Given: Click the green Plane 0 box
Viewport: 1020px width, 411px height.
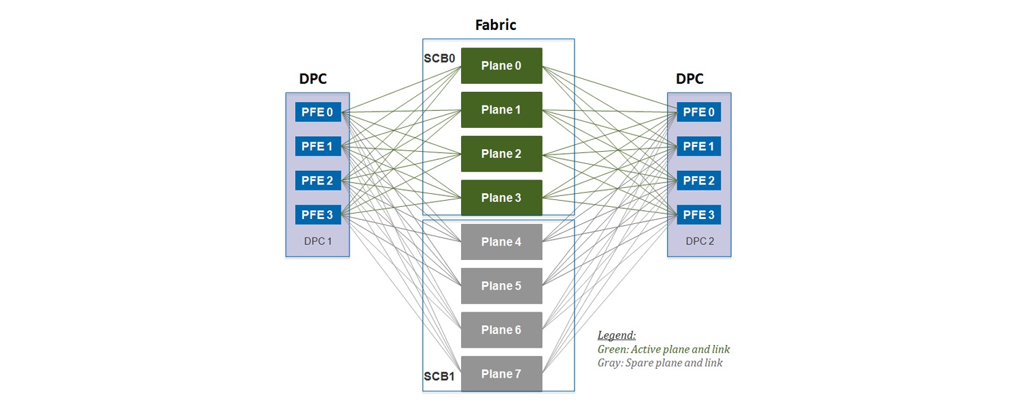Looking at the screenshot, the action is pyautogui.click(x=501, y=65).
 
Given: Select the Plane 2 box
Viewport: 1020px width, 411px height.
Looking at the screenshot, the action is pyautogui.click(x=501, y=154).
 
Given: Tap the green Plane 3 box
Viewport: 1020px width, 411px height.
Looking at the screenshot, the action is pyautogui.click(x=501, y=198).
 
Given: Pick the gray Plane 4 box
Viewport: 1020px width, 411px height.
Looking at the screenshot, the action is pyautogui.click(x=501, y=242).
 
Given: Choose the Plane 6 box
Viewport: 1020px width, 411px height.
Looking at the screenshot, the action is pyautogui.click(x=501, y=330).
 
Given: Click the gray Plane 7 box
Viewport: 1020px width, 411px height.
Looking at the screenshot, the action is pyautogui.click(x=501, y=374).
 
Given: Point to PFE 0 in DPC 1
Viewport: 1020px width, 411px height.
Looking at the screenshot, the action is pyautogui.click(x=318, y=112).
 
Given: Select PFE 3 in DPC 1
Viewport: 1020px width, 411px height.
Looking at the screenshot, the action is pyautogui.click(x=318, y=214).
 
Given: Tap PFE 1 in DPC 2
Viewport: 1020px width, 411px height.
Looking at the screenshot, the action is pyautogui.click(x=698, y=146).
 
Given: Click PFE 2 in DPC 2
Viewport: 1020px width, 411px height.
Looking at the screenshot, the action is pyautogui.click(x=698, y=180).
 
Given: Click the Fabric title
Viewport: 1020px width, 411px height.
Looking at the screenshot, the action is pyautogui.click(x=496, y=24).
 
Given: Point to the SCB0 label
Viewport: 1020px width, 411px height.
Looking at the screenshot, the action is pyautogui.click(x=439, y=59).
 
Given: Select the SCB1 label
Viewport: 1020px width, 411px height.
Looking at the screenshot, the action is pyautogui.click(x=439, y=376).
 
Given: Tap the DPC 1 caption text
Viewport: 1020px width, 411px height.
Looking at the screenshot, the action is pyautogui.click(x=318, y=241).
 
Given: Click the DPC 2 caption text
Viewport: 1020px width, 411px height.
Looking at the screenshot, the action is pyautogui.click(x=700, y=241).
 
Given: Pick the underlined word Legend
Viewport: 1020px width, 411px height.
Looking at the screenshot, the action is pyautogui.click(x=617, y=335).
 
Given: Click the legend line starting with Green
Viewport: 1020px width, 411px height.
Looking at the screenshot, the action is pyautogui.click(x=664, y=350).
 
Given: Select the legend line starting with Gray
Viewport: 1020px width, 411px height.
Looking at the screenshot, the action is pyautogui.click(x=660, y=363).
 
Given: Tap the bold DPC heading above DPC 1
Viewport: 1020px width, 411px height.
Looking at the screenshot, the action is pyautogui.click(x=313, y=78).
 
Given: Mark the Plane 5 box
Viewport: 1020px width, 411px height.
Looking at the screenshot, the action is pyautogui.click(x=501, y=286).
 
